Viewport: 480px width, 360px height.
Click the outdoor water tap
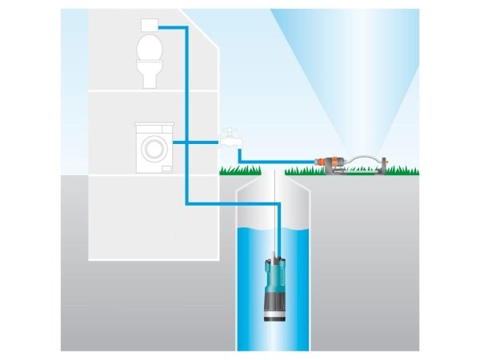(x=230, y=141)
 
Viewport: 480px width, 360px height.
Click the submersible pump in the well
(x=274, y=280)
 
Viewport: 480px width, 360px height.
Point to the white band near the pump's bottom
(x=274, y=315)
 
